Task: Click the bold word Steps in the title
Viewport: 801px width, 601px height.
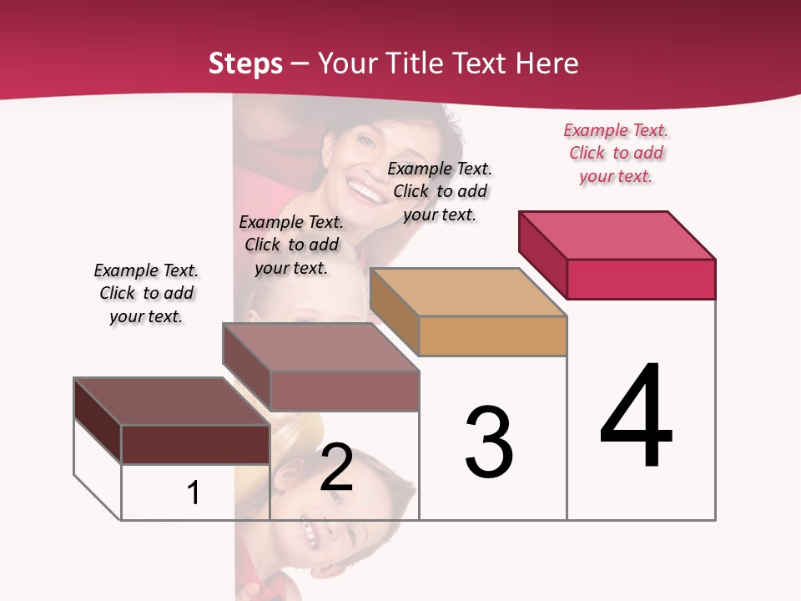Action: (x=245, y=63)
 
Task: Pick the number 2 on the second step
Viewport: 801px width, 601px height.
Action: (x=337, y=467)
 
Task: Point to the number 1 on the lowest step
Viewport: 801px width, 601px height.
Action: (x=194, y=492)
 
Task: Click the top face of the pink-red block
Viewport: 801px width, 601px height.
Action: (x=617, y=235)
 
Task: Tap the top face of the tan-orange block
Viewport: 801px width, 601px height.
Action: (x=468, y=292)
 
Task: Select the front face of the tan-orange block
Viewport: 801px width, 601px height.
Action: (x=492, y=336)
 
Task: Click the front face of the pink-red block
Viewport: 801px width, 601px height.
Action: (x=641, y=279)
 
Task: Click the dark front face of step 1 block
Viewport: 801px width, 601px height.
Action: (x=195, y=444)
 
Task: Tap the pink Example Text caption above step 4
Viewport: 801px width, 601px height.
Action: (x=616, y=154)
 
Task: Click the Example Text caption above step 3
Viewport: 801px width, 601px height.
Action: (x=440, y=192)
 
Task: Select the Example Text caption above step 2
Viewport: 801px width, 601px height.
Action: (x=291, y=245)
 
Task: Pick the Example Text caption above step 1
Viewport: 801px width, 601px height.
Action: (x=146, y=294)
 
